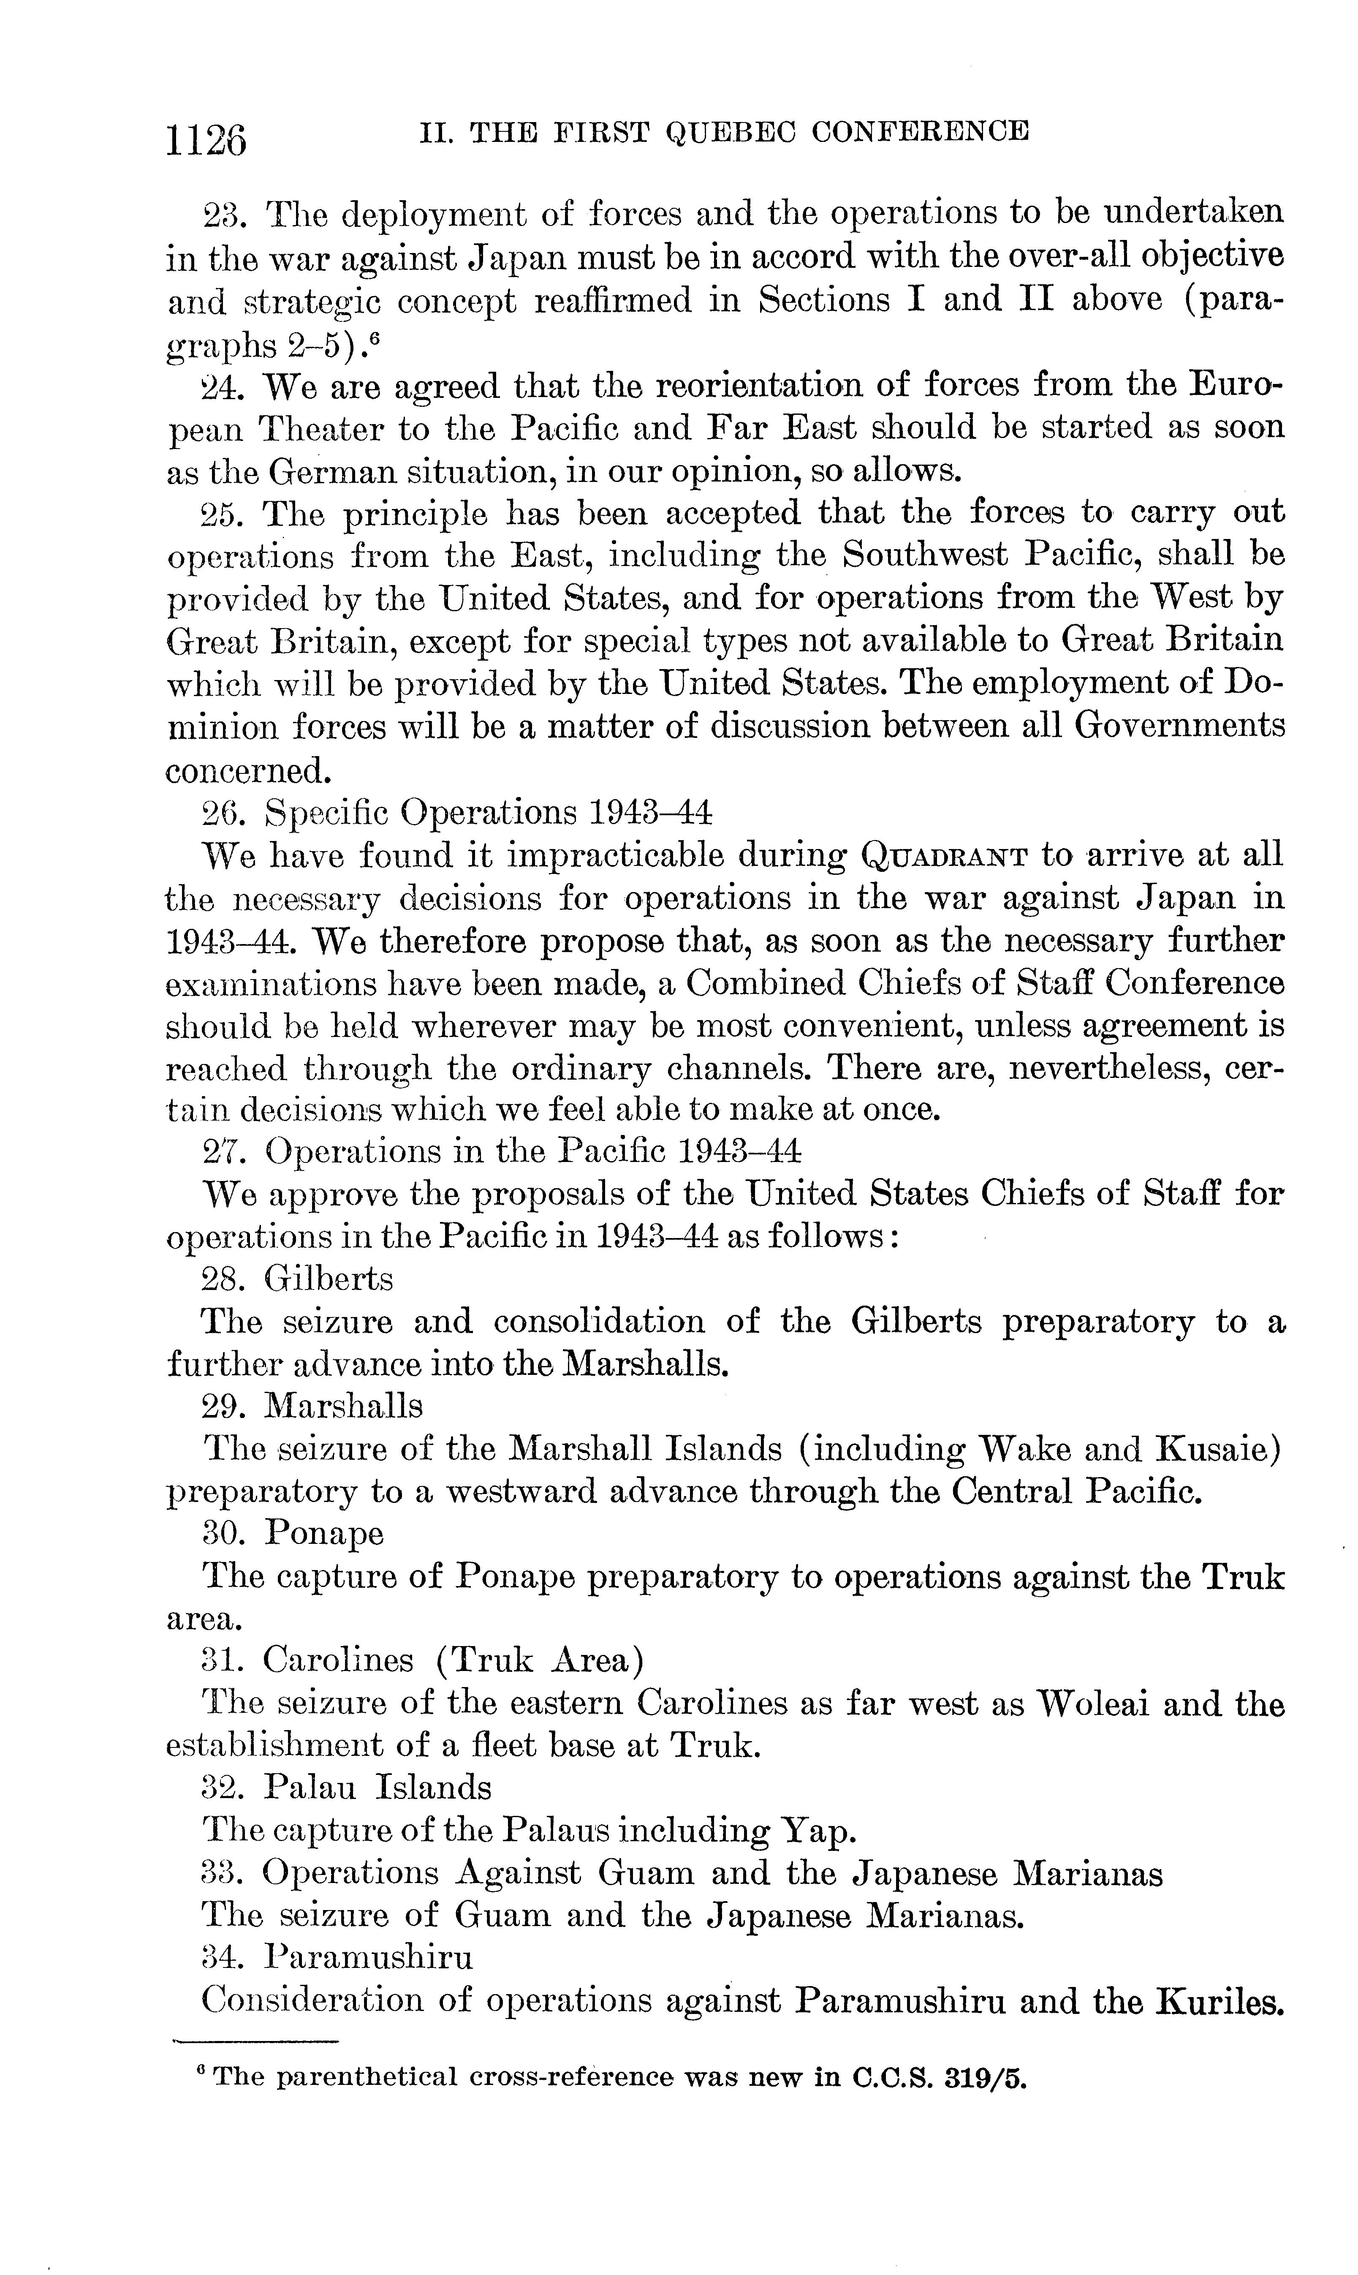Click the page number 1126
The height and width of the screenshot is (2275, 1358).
[207, 139]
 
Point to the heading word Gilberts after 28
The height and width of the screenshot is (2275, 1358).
[329, 1277]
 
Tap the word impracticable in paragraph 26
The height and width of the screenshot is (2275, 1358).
[616, 856]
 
